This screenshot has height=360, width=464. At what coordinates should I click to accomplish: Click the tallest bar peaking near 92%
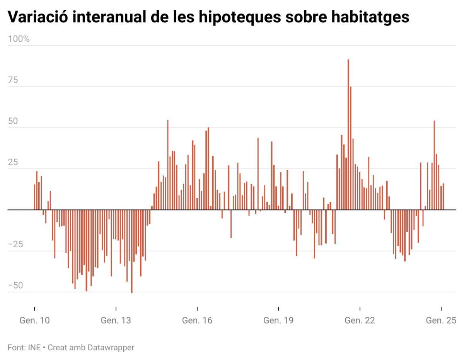point(348,135)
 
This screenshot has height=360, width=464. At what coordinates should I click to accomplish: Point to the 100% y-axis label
point(19,39)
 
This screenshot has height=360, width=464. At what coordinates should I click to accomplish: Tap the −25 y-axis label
point(15,244)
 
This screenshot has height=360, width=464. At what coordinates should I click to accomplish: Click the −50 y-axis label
point(15,285)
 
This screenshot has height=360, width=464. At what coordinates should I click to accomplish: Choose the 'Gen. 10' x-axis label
point(34,320)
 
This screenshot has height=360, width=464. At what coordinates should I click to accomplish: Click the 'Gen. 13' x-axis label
point(116,320)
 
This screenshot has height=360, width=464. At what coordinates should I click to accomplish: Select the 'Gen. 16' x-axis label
point(197,320)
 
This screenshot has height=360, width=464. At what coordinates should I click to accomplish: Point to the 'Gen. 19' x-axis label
point(278,320)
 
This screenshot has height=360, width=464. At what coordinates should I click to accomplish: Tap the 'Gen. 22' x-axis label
point(360,320)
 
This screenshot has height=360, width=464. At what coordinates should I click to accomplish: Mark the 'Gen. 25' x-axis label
point(441,320)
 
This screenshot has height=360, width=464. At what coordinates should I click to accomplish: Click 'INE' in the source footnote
point(34,347)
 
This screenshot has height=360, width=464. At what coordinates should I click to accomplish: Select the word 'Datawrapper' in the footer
point(111,347)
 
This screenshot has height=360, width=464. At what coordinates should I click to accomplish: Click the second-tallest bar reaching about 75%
point(351,149)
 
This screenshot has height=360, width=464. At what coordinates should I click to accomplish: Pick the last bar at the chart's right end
point(443,197)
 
